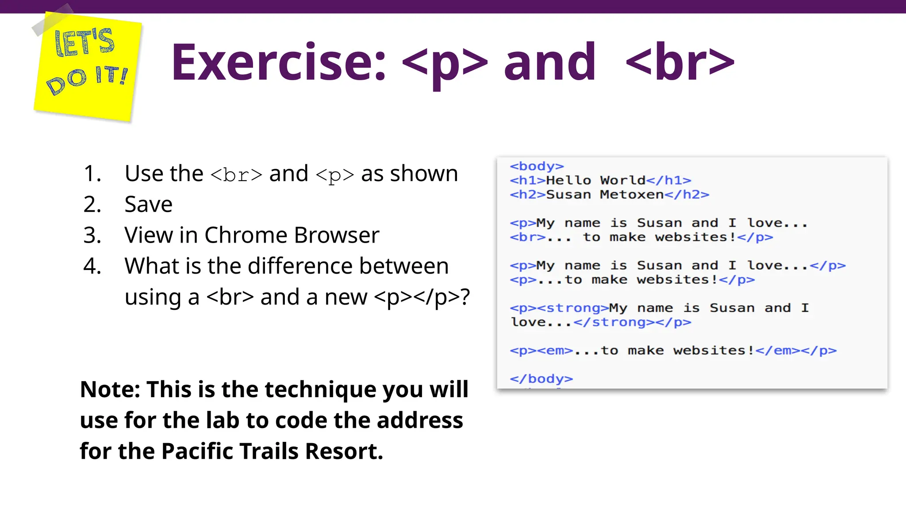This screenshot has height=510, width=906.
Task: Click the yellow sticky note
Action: point(88,66)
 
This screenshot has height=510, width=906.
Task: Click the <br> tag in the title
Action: point(680,63)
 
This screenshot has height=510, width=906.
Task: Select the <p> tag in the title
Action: point(445,63)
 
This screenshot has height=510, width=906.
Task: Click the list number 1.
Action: point(92,174)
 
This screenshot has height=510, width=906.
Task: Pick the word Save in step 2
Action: point(148,205)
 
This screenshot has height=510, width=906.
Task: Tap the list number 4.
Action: point(92,266)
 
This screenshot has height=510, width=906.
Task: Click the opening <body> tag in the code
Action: point(537,166)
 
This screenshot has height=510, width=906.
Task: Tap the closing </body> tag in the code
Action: point(541,379)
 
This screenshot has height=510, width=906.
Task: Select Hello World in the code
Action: point(595,180)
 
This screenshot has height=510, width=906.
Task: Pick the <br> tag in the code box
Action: point(527,237)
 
